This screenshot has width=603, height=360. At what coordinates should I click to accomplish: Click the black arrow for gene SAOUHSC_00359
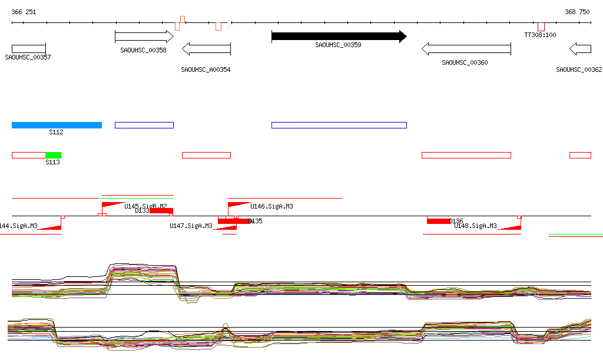[339, 37]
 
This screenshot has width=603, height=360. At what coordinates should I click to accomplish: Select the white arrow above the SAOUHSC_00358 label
[144, 37]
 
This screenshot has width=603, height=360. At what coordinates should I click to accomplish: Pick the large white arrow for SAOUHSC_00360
[466, 49]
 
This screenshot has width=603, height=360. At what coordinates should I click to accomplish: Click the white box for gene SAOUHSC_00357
[28, 48]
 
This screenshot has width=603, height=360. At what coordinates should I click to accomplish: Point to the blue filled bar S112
[57, 125]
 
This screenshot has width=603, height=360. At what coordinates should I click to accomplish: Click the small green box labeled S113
[53, 155]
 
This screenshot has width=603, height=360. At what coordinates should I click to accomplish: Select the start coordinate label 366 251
[24, 12]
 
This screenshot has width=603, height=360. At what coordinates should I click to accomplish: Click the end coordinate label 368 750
[577, 12]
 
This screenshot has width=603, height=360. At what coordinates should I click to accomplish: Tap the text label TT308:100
[540, 35]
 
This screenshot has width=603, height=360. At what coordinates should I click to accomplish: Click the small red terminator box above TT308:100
[541, 27]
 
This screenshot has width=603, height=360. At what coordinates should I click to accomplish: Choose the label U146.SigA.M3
[271, 206]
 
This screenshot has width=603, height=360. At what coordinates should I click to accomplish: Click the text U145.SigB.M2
[145, 206]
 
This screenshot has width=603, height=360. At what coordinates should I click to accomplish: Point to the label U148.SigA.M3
[475, 226]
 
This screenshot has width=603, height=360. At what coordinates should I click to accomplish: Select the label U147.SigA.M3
[191, 226]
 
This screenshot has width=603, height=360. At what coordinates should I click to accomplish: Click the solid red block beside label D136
[438, 221]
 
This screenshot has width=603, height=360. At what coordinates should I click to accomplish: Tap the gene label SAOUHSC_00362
[579, 70]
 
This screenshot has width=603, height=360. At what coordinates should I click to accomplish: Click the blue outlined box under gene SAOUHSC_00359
[339, 125]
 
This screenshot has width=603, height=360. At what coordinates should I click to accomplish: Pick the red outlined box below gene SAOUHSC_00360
[466, 155]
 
